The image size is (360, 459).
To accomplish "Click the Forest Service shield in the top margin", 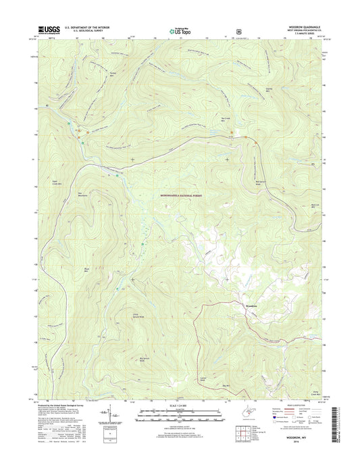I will click(x=238, y=30).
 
